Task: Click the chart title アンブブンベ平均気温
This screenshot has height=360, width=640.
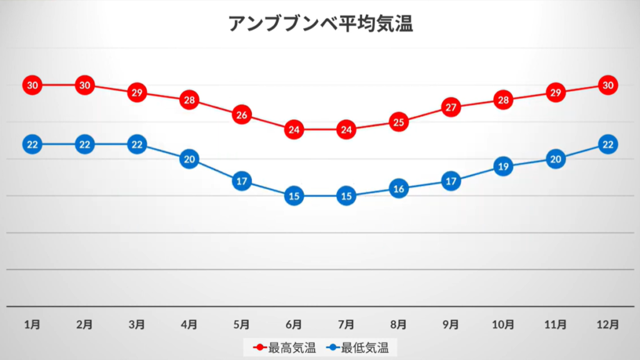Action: pyautogui.click(x=320, y=24)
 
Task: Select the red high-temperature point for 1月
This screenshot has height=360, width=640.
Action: pyautogui.click(x=32, y=85)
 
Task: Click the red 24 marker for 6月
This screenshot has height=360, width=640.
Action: pyautogui.click(x=294, y=130)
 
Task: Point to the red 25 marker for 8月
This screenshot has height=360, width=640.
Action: pyautogui.click(x=398, y=122)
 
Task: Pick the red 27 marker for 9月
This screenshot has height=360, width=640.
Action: pyautogui.click(x=451, y=107)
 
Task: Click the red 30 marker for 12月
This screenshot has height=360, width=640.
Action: pyautogui.click(x=607, y=85)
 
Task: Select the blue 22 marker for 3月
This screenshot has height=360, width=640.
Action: pyautogui.click(x=137, y=144)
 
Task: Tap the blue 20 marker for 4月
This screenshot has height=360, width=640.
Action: pyautogui.click(x=189, y=159)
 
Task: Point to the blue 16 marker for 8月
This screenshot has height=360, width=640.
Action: pyautogui.click(x=398, y=189)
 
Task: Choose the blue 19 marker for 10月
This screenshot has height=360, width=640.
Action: pyautogui.click(x=503, y=167)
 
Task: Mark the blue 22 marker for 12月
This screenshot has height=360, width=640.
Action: pyautogui.click(x=607, y=144)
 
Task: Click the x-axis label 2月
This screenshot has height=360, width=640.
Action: pyautogui.click(x=84, y=324)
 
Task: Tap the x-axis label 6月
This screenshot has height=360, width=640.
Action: pyautogui.click(x=294, y=324)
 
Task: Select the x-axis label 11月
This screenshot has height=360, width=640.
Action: pyautogui.click(x=555, y=324)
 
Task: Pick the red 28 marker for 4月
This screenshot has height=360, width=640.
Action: pyautogui.click(x=189, y=100)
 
